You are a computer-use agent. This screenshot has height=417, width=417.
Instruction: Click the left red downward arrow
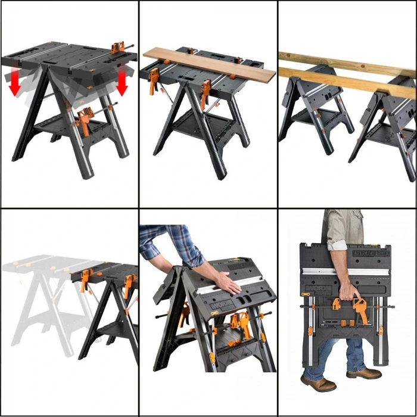tap(15, 83)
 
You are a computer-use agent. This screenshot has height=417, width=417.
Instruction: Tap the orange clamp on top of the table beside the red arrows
tap(118, 47)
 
